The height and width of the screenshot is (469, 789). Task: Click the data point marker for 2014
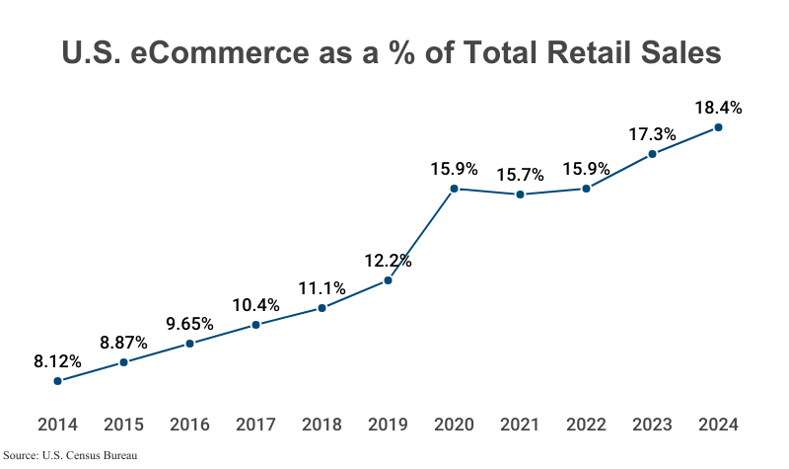[x=58, y=381]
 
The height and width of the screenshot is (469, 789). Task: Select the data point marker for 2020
[x=454, y=189]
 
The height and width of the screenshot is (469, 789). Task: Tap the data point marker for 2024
[x=718, y=127]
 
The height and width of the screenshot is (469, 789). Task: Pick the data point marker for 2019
[x=388, y=280]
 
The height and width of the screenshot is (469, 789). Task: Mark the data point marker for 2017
[x=255, y=325]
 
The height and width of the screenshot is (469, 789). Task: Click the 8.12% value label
[x=57, y=360]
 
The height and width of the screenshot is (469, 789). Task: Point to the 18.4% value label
[x=718, y=108]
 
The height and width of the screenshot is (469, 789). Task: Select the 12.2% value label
[x=388, y=262]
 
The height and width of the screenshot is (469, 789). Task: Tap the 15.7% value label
[x=520, y=175]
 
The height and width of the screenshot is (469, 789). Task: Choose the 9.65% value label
[x=189, y=323]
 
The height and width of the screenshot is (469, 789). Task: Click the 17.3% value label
[x=652, y=133]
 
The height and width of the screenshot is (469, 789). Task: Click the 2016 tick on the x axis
[x=189, y=426]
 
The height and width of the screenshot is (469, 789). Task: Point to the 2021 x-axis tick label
[x=520, y=426]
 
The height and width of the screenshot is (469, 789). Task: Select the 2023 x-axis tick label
[x=652, y=426]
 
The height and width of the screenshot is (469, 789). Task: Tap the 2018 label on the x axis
[x=322, y=426]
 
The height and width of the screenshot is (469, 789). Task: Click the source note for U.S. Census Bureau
[x=69, y=456]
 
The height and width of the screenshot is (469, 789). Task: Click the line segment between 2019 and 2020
[x=421, y=234]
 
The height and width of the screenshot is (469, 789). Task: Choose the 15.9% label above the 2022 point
[x=586, y=169]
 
